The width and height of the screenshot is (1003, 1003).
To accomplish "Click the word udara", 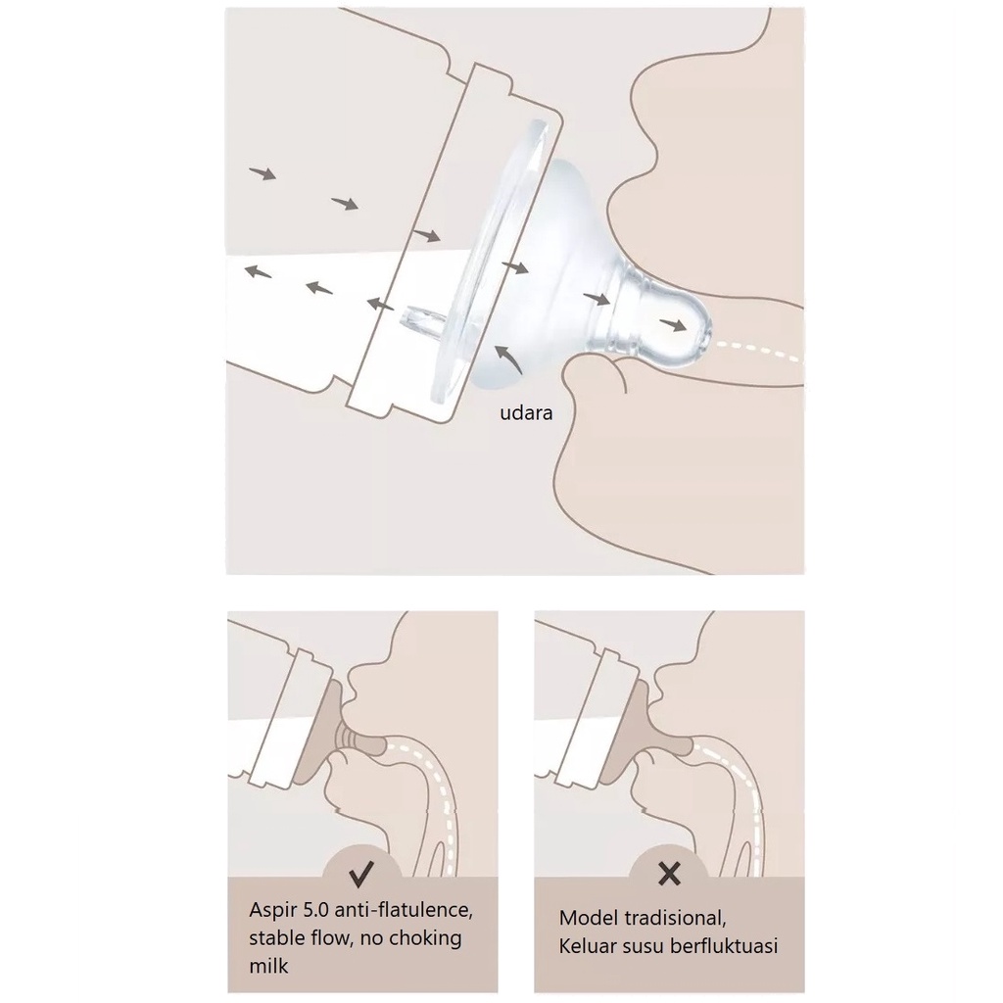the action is click(526, 412).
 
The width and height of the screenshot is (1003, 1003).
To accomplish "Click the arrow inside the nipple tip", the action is click(673, 324).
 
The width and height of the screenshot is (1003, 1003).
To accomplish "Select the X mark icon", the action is click(669, 873).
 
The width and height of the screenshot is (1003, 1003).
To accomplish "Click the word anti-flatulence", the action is click(404, 910).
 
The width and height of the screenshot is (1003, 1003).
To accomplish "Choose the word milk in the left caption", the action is click(268, 965).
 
